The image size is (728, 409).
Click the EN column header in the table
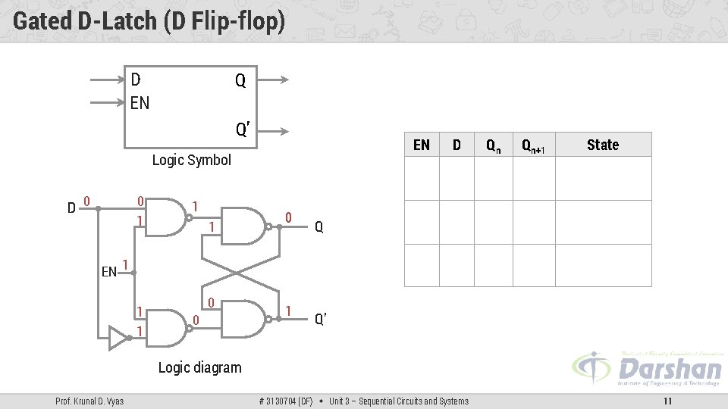(x=422, y=145)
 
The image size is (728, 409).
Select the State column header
(x=603, y=145)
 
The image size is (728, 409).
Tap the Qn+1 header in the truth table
(x=533, y=145)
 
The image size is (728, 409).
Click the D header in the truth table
(x=457, y=145)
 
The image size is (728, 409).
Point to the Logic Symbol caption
(x=191, y=160)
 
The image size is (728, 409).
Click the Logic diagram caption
(x=199, y=367)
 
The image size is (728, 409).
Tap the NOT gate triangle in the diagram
(x=118, y=339)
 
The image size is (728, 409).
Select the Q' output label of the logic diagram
(x=321, y=319)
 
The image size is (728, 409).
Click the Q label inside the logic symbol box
(x=240, y=80)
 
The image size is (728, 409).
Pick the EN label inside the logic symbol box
(x=140, y=102)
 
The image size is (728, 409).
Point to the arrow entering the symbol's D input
(x=106, y=79)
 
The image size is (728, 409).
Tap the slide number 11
(x=667, y=401)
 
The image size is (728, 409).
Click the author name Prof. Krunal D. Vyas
(x=89, y=401)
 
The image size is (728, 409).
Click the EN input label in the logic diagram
(x=109, y=271)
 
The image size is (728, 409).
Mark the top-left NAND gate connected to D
(x=168, y=217)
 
